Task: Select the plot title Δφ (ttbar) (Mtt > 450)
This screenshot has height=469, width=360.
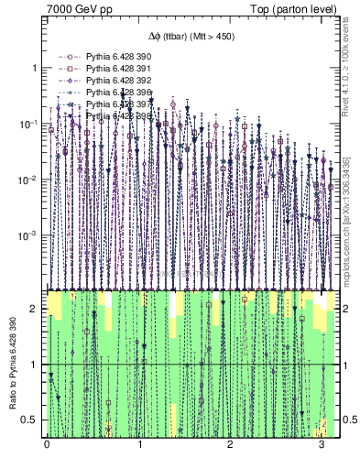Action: click(x=190, y=37)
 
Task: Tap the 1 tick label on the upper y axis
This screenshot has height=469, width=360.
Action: click(x=35, y=69)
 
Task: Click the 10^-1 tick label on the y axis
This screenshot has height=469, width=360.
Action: click(x=30, y=124)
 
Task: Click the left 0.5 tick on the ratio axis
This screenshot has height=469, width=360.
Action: click(x=31, y=420)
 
